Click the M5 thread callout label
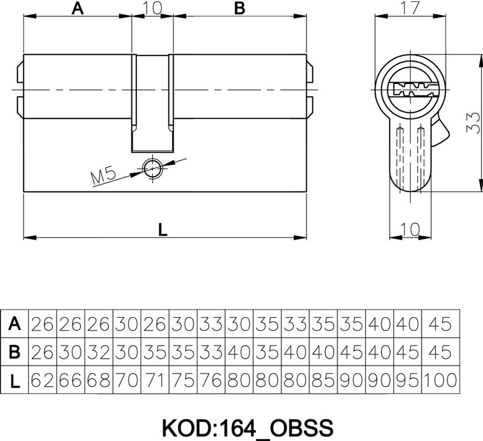click(103, 176)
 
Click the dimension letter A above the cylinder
click(78, 8)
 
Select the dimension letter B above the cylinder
click(239, 8)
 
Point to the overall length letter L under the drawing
click(162, 230)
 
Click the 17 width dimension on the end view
click(411, 8)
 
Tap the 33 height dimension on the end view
click(473, 123)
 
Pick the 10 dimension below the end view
click(410, 229)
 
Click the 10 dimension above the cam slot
click(152, 8)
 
